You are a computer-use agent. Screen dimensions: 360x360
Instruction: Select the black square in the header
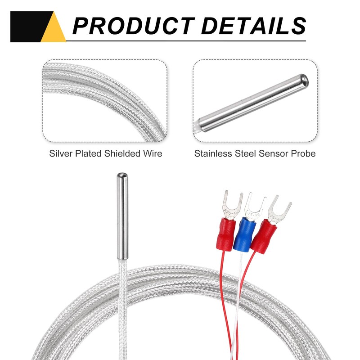tap(27, 27)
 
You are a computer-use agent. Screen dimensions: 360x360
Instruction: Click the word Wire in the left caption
tap(153, 153)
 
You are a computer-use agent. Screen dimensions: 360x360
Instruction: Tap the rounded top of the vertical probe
tap(121, 176)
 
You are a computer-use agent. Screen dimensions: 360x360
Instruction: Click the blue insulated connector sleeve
tap(242, 234)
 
